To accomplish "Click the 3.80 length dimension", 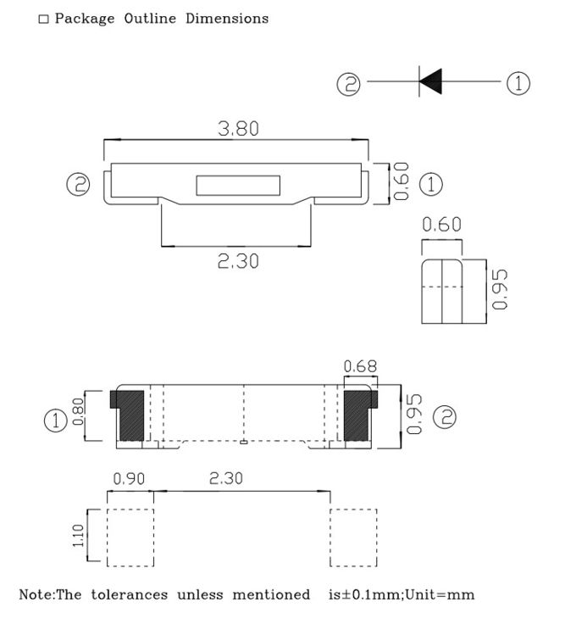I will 238,129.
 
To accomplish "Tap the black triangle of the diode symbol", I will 430,83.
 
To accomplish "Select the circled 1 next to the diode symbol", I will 518,83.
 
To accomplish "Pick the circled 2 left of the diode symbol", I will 349,84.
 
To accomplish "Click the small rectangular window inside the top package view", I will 238,185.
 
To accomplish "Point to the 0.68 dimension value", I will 360,366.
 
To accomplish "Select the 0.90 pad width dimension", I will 129,479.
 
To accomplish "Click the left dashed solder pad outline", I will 130,538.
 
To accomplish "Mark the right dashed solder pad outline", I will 352,538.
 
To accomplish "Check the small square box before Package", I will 43,19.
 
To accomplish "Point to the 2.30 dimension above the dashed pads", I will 225,479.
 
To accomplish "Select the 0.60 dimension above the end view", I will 441,225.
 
